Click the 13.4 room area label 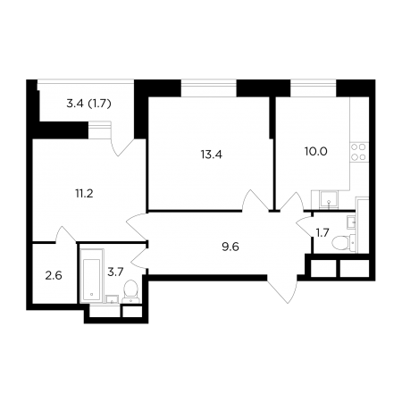(212, 155)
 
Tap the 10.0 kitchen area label (315, 152)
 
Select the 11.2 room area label (84, 194)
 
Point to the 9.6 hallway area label (230, 247)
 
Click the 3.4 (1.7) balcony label (88, 104)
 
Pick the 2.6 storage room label (54, 275)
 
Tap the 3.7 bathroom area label (115, 272)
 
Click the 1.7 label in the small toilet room (322, 233)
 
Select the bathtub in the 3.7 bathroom (92, 275)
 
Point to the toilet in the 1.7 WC (343, 242)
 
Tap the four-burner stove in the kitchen (358, 152)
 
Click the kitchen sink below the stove (329, 199)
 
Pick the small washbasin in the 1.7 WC (351, 222)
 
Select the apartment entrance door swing (282, 289)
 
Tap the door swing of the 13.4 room (255, 200)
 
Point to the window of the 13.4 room (209, 88)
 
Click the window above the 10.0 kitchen (314, 88)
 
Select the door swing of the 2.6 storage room (65, 235)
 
